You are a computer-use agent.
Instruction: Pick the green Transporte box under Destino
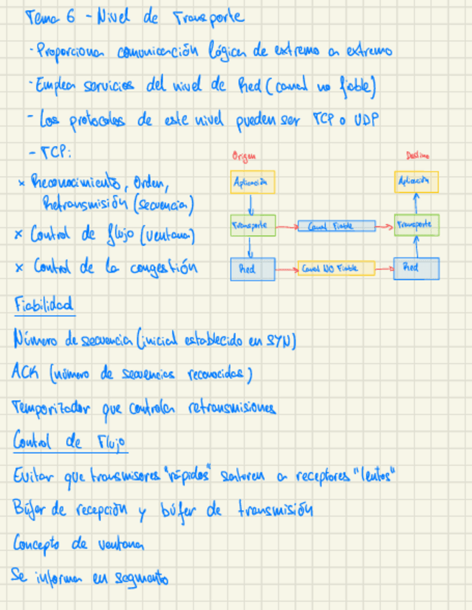pyautogui.click(x=417, y=225)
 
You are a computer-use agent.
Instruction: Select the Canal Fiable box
pyautogui.click(x=336, y=227)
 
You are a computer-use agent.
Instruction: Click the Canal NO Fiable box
pyautogui.click(x=336, y=269)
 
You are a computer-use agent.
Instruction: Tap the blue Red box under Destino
pyautogui.click(x=417, y=268)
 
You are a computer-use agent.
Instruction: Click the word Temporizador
pyautogui.click(x=50, y=409)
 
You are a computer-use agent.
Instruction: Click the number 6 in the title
pyautogui.click(x=70, y=19)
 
